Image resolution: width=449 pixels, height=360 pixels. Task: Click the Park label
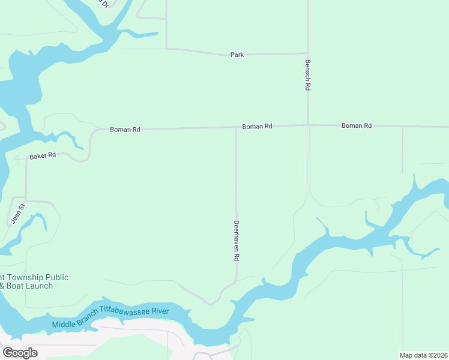pos(237,55)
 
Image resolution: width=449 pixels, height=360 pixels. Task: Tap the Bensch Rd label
pos(308,74)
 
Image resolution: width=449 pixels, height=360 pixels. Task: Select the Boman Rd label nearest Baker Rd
pos(125,129)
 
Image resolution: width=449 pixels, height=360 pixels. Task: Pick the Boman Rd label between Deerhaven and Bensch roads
pos(258,127)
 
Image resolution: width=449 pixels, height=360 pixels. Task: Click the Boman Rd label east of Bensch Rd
pos(357,125)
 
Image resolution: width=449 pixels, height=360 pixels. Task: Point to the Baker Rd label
pos(43,155)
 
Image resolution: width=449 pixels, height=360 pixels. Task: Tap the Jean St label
pos(18,214)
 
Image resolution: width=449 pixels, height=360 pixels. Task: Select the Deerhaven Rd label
pos(237,240)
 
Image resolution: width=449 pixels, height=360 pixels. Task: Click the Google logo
pos(20,353)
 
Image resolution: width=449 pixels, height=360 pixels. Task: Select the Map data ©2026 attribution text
pos(423,355)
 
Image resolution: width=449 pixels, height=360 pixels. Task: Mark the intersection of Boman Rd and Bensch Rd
pos(308,125)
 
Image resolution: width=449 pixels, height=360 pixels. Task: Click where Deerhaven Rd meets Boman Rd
pos(236,127)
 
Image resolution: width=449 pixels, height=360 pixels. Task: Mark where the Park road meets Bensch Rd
pos(308,53)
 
